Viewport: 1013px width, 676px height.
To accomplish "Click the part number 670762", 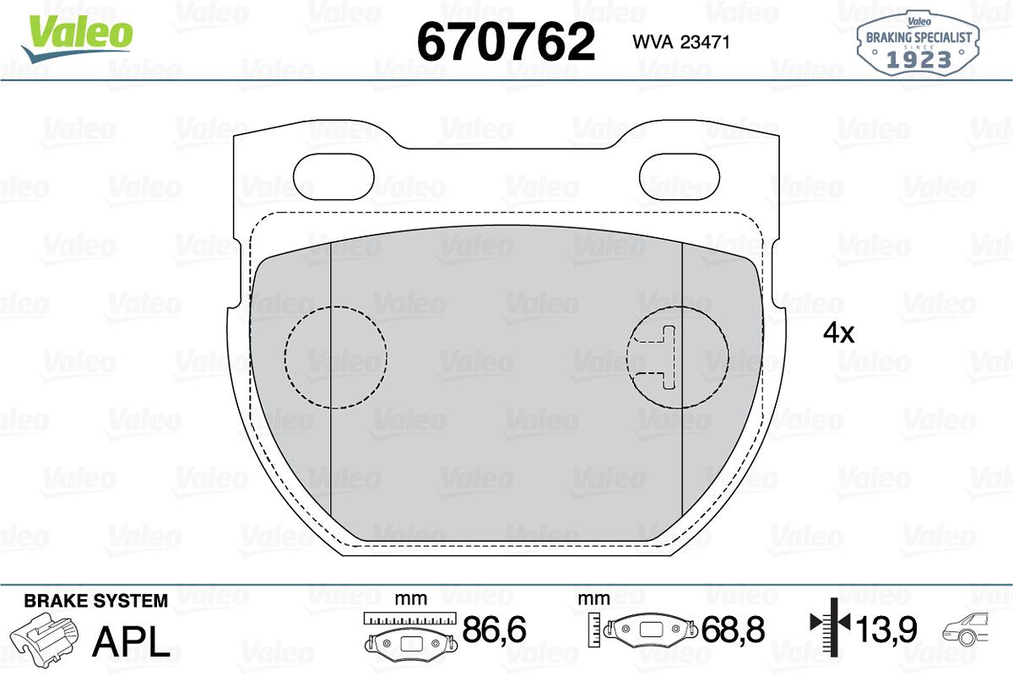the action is click(x=506, y=42).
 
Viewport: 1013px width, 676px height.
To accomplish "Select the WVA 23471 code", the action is click(x=681, y=42).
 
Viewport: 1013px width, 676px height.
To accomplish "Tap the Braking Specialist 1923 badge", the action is click(x=918, y=44).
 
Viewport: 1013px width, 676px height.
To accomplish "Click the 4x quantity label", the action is click(x=838, y=333).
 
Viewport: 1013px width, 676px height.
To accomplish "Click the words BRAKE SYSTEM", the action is click(x=96, y=601).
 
